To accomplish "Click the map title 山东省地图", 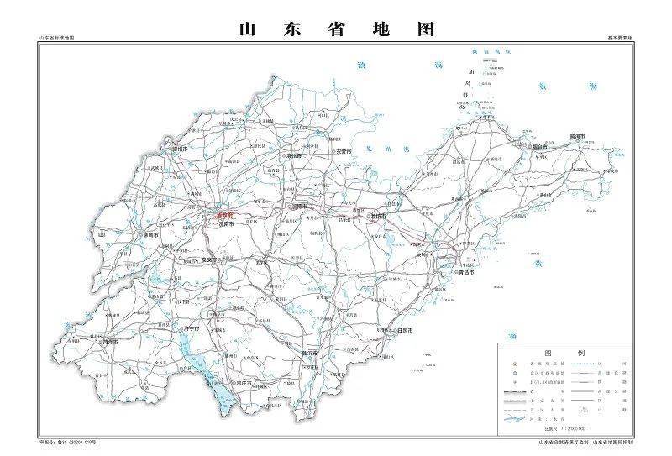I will tap(337, 29).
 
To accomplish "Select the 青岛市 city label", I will tap(466, 272).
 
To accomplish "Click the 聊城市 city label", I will tap(152, 236).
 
